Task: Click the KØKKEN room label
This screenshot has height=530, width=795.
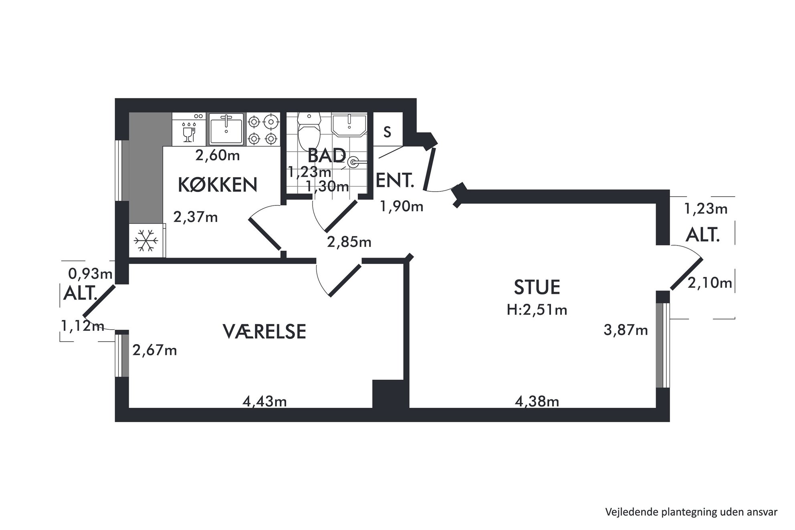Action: coord(218,185)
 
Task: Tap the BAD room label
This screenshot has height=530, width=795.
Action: coord(327,155)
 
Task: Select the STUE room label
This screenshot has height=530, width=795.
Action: coord(537,287)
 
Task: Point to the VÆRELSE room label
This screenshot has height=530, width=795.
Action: coord(264,332)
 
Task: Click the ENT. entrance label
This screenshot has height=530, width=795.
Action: coord(395,181)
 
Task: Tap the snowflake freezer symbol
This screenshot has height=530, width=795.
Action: coord(146,241)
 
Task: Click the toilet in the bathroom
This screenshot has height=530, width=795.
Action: coord(309,130)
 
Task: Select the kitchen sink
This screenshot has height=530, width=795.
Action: coord(226,129)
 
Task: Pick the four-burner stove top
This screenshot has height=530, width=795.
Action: coord(262,129)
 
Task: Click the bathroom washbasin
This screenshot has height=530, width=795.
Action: coord(350,125)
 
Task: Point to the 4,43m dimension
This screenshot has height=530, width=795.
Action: coord(264,401)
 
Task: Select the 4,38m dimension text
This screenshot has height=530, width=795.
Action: coord(537,401)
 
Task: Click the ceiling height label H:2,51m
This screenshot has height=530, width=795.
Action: coord(537,310)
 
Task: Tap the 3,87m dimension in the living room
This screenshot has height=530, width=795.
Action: coord(626,330)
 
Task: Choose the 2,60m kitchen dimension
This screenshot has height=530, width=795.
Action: coord(218,155)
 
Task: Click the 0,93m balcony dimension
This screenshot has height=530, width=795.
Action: coord(91,274)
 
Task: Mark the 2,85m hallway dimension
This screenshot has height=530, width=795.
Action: coord(349,242)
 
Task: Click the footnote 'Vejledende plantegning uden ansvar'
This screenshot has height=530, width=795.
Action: coord(691,512)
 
